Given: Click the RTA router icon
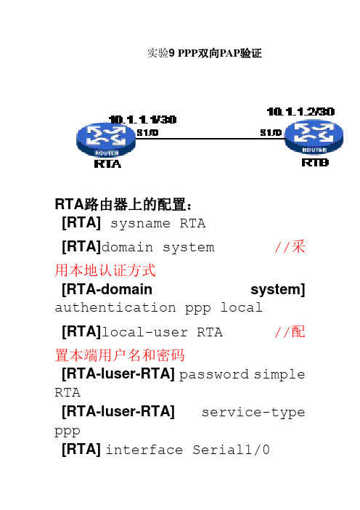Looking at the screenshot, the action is coord(106,139).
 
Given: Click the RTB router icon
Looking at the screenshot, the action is coord(314,137).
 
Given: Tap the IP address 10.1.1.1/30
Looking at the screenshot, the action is coord(143,120).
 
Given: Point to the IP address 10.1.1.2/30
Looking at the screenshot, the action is coord(300,112).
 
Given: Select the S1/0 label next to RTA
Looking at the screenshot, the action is coord(147,132).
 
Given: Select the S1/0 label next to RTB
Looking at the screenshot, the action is coord(271,132).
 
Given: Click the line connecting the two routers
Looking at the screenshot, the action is coord(210,139).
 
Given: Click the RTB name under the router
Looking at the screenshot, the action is coord(315,162).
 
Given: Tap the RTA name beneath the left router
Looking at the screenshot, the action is coord(107,164).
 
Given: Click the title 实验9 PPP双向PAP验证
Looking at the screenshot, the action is coord(205,53).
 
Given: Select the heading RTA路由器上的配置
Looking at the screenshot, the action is coord(123,205).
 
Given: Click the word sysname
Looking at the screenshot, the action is coord(140,224).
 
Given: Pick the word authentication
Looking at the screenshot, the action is coord(115,307).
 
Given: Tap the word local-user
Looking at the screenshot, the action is coord(144,333).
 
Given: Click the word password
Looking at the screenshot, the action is coord(214,375).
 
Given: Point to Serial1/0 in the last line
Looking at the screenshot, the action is coord(231,450).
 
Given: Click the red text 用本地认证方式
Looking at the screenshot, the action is coord(105,270).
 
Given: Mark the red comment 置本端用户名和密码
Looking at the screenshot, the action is coord(120,355).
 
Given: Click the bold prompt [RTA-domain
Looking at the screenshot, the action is coord(107,289).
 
